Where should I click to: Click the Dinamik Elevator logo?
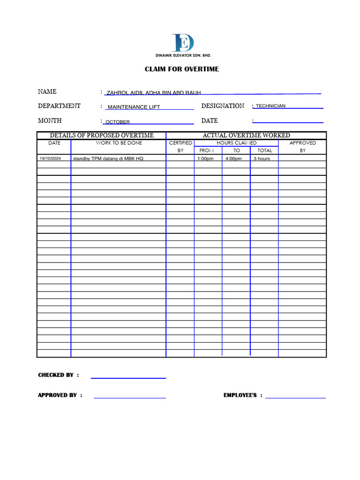[x=183, y=43]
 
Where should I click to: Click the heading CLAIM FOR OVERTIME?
[x=181, y=69]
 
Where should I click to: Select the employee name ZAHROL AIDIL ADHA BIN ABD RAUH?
[x=154, y=93]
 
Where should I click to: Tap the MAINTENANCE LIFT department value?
[x=134, y=107]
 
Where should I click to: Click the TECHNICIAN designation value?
[x=270, y=106]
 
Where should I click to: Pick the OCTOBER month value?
[x=118, y=122]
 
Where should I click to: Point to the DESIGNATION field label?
[x=223, y=106]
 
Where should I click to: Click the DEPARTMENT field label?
[x=59, y=106]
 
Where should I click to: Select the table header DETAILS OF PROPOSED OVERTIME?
[x=102, y=135]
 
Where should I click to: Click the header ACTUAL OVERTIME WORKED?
[x=246, y=135]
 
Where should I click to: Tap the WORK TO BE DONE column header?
[x=119, y=143]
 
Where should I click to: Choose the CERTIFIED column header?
[x=180, y=143]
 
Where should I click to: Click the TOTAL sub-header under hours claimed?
[x=264, y=150]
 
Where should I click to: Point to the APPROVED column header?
[x=302, y=143]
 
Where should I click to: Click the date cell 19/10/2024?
[x=50, y=158]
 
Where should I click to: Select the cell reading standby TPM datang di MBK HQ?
[x=108, y=158]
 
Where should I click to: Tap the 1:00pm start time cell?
[x=205, y=158]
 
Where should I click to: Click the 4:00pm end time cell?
[x=233, y=158]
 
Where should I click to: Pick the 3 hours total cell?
[x=262, y=158]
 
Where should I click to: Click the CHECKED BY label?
[x=56, y=375]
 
